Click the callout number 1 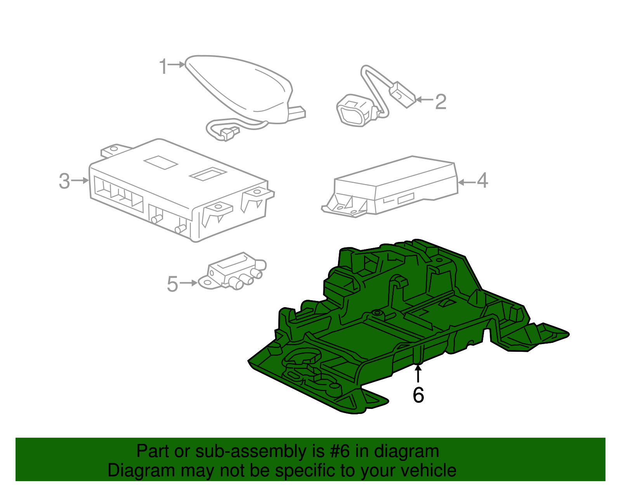[163, 67]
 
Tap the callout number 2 [441, 102]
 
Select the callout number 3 [64, 181]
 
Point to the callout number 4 [482, 181]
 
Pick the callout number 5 [172, 284]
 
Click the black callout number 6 [418, 395]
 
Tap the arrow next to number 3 [80, 181]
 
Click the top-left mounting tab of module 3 [113, 149]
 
